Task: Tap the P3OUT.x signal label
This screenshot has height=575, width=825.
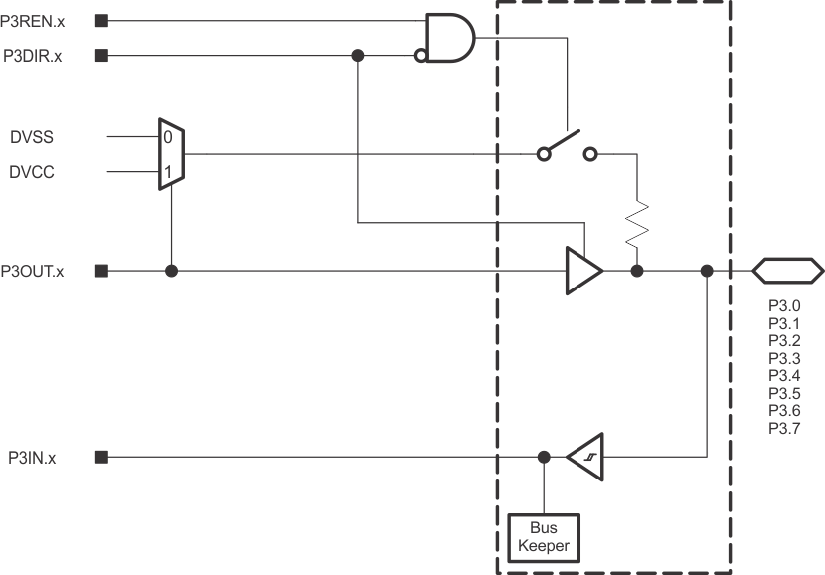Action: (x=33, y=270)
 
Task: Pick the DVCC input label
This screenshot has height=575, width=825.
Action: (x=32, y=172)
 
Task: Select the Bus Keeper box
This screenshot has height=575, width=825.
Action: (x=543, y=536)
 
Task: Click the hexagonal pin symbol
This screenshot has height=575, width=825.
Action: (x=787, y=270)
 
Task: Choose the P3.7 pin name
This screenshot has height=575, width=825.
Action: (x=784, y=428)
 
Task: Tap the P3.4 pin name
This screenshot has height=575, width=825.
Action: (x=784, y=376)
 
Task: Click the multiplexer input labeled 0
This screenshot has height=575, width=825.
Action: (x=168, y=136)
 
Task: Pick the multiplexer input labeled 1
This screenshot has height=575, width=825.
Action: (x=168, y=172)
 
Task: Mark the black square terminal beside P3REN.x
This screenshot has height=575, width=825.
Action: (x=101, y=19)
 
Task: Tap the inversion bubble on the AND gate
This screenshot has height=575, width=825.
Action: (x=421, y=57)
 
